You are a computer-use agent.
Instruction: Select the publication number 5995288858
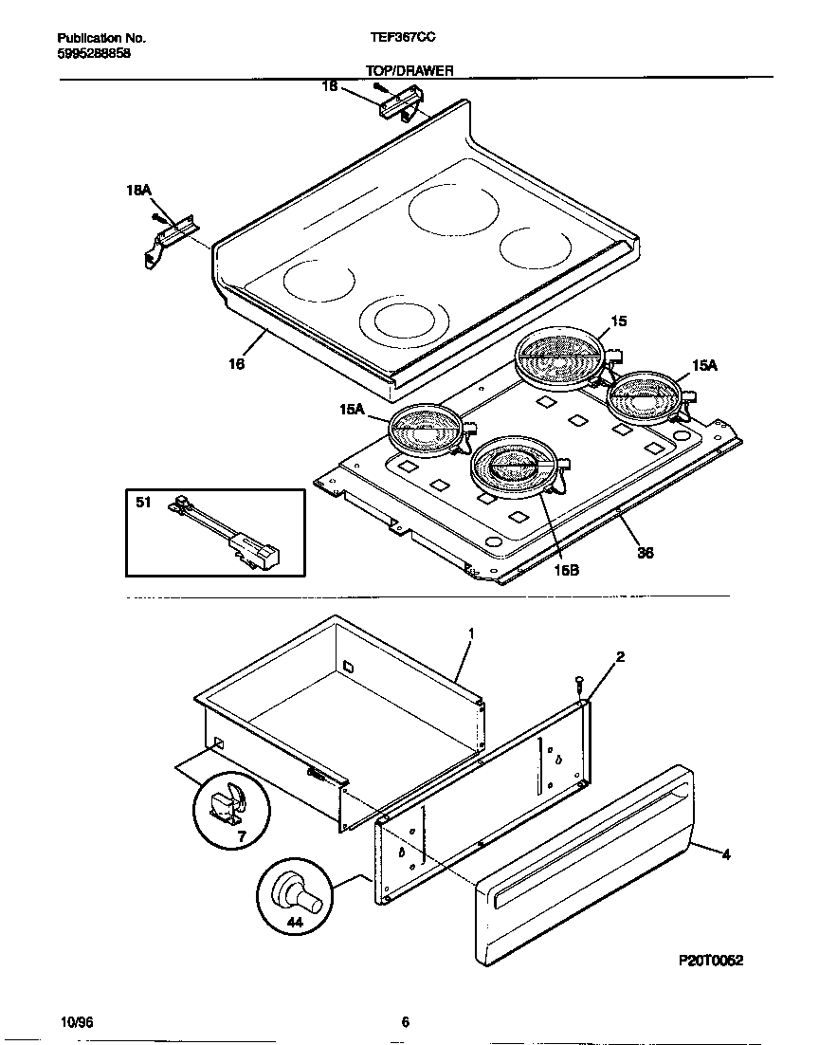[x=94, y=53]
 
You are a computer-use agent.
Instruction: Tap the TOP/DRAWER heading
[x=409, y=70]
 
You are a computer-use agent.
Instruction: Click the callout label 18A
[x=138, y=192]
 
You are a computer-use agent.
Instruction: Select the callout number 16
[x=237, y=363]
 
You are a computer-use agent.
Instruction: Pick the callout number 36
[x=645, y=553]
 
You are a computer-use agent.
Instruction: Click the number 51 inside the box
[x=143, y=503]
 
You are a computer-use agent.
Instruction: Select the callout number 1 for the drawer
[x=471, y=632]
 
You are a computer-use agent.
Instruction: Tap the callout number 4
[x=726, y=854]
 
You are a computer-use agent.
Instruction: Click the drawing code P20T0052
[x=711, y=960]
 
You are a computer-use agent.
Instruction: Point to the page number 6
[x=405, y=1021]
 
